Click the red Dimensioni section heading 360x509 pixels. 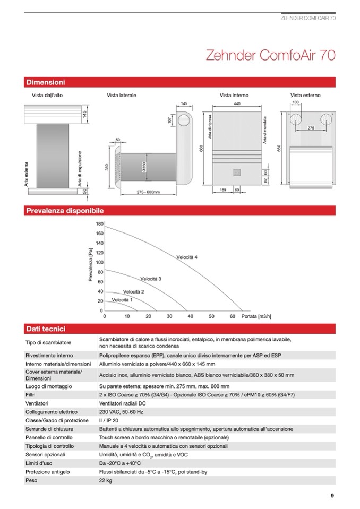click(46, 82)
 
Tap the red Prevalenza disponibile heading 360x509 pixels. click(65, 211)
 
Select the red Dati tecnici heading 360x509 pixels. click(46, 329)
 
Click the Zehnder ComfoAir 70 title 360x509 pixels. click(270, 56)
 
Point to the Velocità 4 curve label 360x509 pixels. click(187, 257)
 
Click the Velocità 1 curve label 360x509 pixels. click(122, 300)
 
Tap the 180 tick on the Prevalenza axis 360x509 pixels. click(100, 224)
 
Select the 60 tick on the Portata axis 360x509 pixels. click(233, 316)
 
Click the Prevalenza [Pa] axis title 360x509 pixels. click(91, 266)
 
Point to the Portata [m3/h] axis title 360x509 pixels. click(256, 316)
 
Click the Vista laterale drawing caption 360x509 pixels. click(121, 96)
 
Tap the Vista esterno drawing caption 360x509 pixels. click(305, 96)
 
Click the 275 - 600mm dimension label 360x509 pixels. click(148, 192)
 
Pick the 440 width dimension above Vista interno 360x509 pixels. click(237, 104)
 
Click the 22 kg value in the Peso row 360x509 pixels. click(106, 480)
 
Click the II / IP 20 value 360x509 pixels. click(109, 420)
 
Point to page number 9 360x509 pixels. click(332, 496)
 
